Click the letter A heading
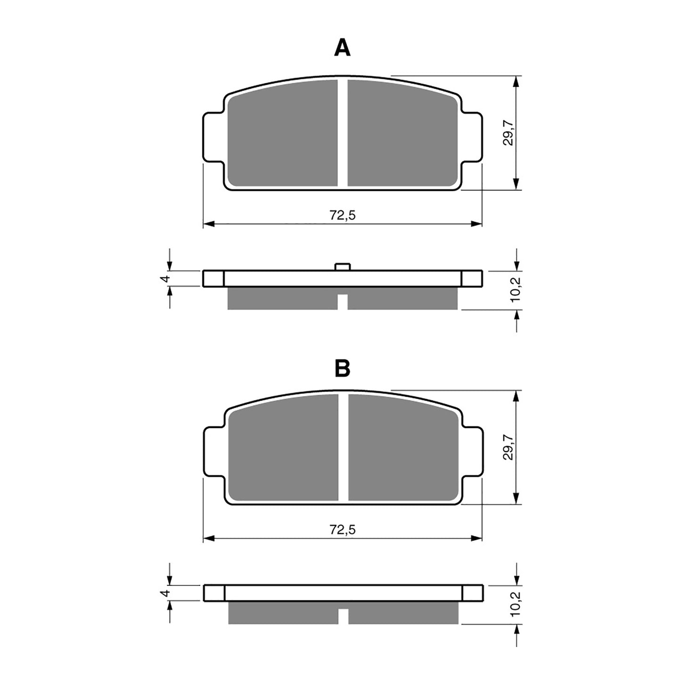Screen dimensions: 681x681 pyautogui.click(x=342, y=48)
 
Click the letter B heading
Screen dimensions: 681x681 pyautogui.click(x=342, y=369)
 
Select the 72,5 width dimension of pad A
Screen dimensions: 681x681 pyautogui.click(x=342, y=215)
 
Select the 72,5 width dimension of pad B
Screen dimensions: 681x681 pyautogui.click(x=342, y=530)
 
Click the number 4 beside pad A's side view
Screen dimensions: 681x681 pyautogui.click(x=164, y=279)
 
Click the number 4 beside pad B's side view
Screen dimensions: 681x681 pyautogui.click(x=164, y=593)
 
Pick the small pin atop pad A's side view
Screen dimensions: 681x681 pyautogui.click(x=343, y=267)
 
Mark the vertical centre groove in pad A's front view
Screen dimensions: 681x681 pyautogui.click(x=343, y=132)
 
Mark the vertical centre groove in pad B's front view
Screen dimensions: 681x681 pyautogui.click(x=343, y=447)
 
